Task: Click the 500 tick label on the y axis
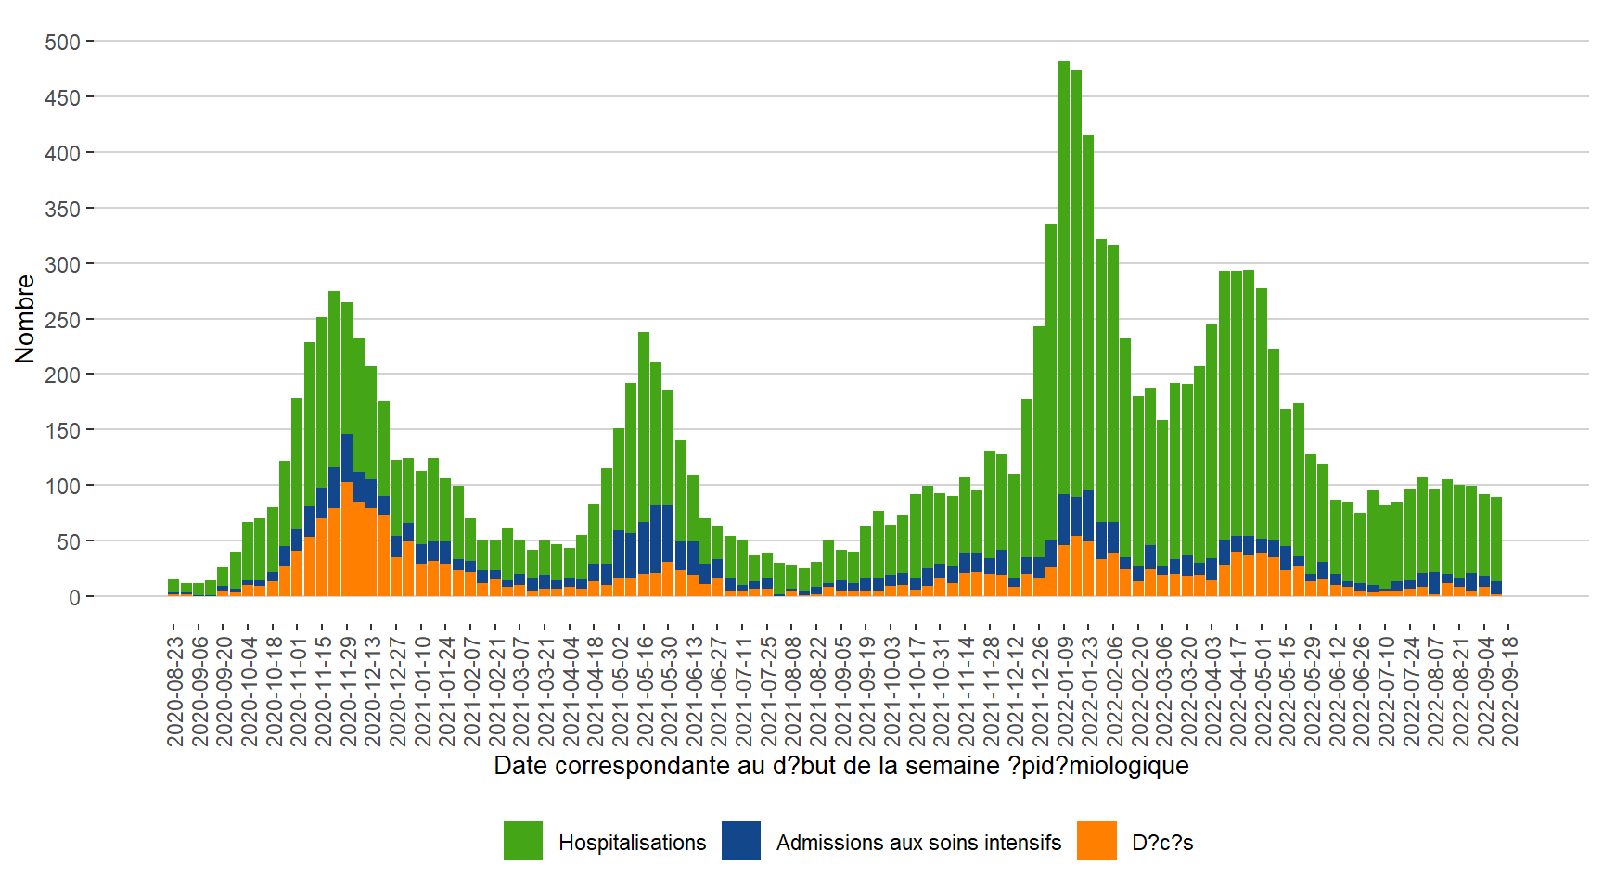click(x=62, y=43)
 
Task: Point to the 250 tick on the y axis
click(x=62, y=320)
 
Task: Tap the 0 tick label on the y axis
click(x=74, y=597)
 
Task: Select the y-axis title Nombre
click(x=25, y=319)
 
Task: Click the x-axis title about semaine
click(x=840, y=766)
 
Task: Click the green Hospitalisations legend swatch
click(x=523, y=841)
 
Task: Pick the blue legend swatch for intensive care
click(x=741, y=841)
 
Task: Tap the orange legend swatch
click(x=1096, y=841)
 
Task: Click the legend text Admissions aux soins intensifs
click(x=918, y=843)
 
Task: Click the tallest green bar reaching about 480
click(x=1064, y=278)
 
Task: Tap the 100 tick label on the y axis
click(x=62, y=486)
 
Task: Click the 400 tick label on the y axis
click(x=62, y=153)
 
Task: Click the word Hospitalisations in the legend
click(x=632, y=843)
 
